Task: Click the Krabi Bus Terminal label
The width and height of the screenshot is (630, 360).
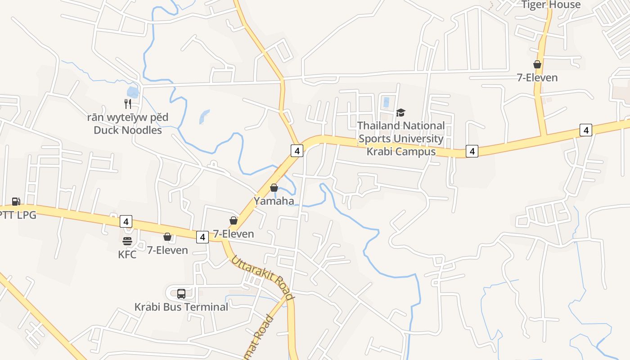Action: pyautogui.click(x=181, y=307)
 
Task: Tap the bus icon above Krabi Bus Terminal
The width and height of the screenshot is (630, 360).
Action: pyautogui.click(x=181, y=294)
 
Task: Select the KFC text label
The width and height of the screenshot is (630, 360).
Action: pyautogui.click(x=127, y=254)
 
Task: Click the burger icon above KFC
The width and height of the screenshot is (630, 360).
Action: pyautogui.click(x=127, y=241)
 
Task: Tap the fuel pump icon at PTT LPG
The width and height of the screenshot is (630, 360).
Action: pyautogui.click(x=16, y=201)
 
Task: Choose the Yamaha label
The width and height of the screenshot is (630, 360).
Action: pyautogui.click(x=274, y=201)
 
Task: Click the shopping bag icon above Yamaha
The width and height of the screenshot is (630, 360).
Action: pyautogui.click(x=274, y=188)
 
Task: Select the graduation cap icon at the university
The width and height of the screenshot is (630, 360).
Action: pyautogui.click(x=400, y=112)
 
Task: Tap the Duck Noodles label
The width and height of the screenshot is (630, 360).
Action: pyautogui.click(x=128, y=130)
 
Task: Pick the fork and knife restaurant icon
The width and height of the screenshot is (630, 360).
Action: pyautogui.click(x=128, y=104)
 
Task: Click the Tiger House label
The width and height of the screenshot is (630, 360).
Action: pyautogui.click(x=551, y=5)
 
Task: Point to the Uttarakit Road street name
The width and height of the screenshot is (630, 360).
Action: pyautogui.click(x=263, y=278)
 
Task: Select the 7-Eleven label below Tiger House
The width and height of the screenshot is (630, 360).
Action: pyautogui.click(x=537, y=77)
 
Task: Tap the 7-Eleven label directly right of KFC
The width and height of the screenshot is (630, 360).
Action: pyautogui.click(x=167, y=250)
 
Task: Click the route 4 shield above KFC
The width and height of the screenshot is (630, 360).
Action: pyautogui.click(x=126, y=221)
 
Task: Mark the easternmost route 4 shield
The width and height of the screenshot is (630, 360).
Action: pyautogui.click(x=585, y=130)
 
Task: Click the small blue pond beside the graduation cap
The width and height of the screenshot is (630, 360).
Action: pyautogui.click(x=386, y=102)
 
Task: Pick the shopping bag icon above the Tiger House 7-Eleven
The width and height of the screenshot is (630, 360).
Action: pyautogui.click(x=537, y=64)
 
